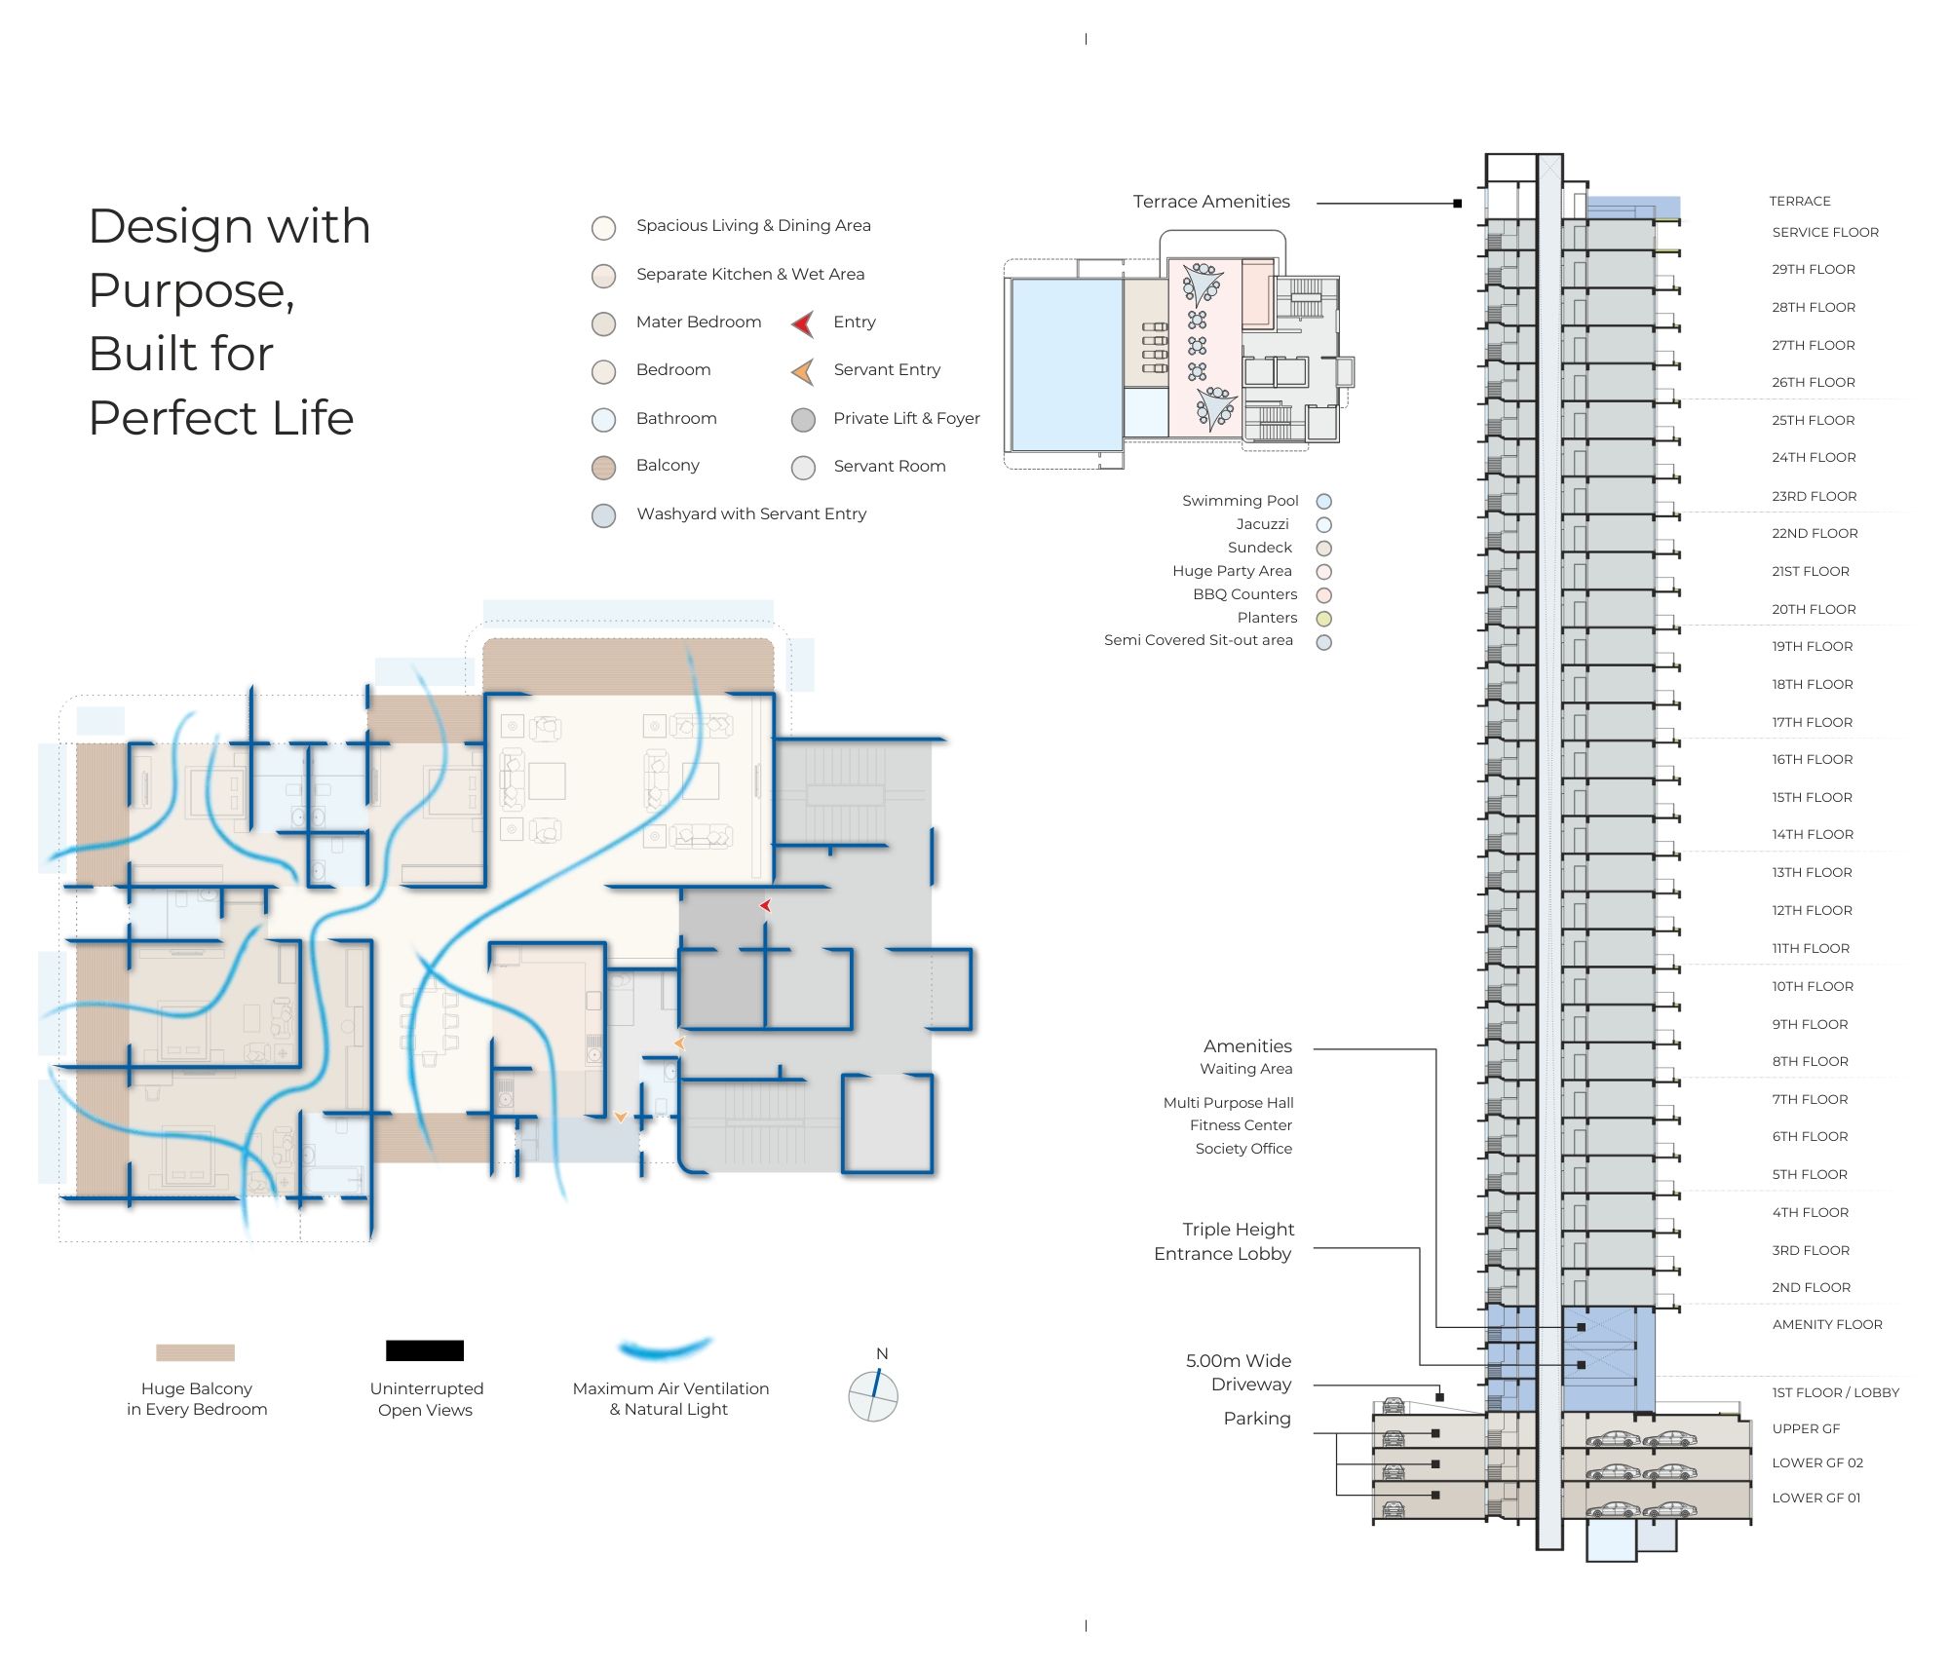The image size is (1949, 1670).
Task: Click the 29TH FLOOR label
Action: (1813, 270)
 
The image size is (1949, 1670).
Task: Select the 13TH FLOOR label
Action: (1812, 873)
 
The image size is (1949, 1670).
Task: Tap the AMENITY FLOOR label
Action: (1826, 1325)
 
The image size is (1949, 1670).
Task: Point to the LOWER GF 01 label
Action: (1815, 1499)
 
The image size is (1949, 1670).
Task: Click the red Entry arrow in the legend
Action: (803, 323)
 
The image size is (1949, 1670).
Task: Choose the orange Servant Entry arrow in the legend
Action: (803, 371)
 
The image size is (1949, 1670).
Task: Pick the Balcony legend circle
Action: (604, 467)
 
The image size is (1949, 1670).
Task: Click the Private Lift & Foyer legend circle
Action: (803, 420)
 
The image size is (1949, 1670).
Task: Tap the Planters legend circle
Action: (1323, 619)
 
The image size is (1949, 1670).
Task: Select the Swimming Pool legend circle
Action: (1323, 502)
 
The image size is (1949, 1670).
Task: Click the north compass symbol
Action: (873, 1396)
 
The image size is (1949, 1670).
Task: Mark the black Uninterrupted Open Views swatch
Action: (425, 1350)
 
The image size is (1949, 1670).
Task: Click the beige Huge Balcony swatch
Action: (195, 1352)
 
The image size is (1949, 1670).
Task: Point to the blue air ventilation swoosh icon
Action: (665, 1349)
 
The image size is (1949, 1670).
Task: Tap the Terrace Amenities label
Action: (1210, 202)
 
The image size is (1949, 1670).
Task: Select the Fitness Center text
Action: (1241, 1126)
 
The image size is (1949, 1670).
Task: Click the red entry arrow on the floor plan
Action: (766, 906)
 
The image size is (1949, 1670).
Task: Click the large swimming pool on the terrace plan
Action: (1066, 364)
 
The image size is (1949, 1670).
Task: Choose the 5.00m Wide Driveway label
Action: (1238, 1373)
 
